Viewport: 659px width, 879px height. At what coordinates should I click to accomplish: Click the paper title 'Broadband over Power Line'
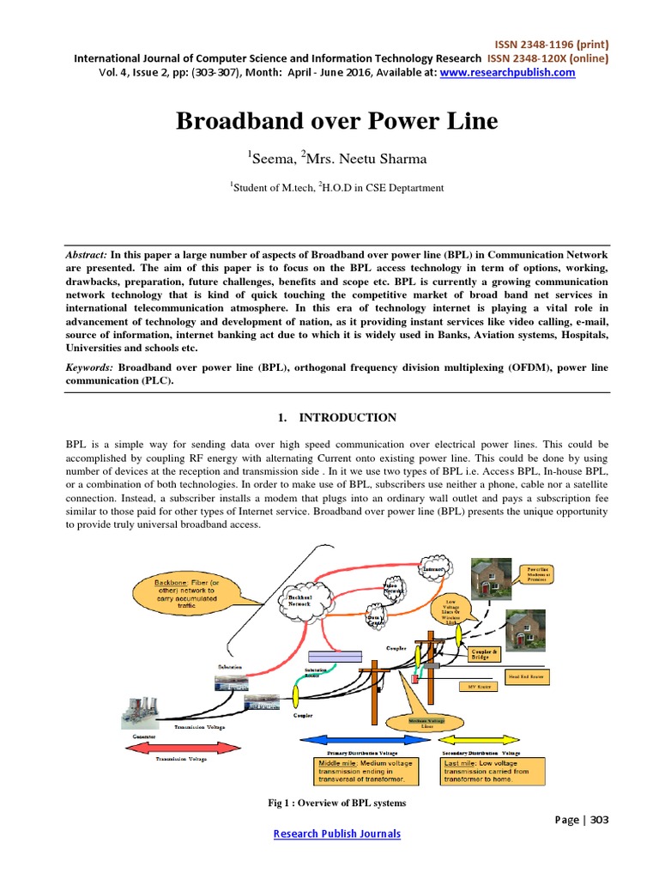pyautogui.click(x=336, y=121)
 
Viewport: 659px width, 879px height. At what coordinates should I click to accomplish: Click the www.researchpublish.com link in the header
pyautogui.click(x=507, y=73)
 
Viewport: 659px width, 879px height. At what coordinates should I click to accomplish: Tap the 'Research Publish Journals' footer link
pyautogui.click(x=336, y=834)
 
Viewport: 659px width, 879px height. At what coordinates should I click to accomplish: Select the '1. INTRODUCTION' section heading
pyautogui.click(x=336, y=418)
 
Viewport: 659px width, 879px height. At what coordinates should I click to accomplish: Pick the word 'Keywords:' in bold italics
pyautogui.click(x=91, y=367)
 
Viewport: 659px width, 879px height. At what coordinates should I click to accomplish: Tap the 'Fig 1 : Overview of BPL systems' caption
pyautogui.click(x=336, y=803)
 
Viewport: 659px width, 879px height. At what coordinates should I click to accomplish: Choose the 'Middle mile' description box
pyautogui.click(x=365, y=771)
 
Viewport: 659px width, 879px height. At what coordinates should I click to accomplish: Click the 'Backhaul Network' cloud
pyautogui.click(x=303, y=600)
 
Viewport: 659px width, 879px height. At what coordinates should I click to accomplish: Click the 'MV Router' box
pyautogui.click(x=483, y=687)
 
